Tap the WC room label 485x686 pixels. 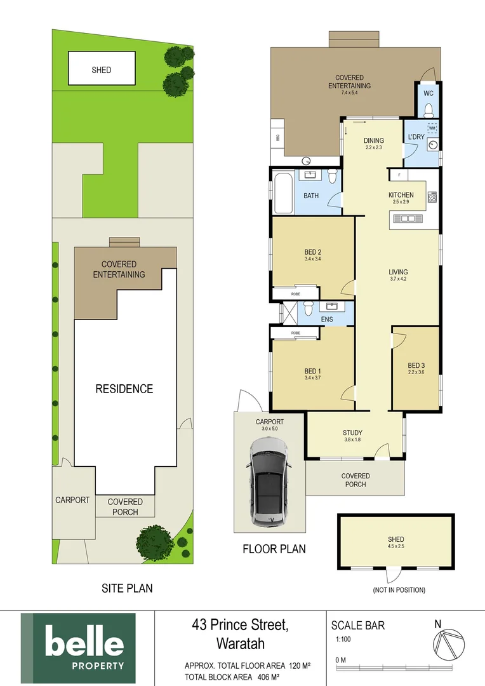click(x=428, y=93)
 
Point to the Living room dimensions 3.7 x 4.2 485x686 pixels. click(x=398, y=279)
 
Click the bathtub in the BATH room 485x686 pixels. click(x=283, y=194)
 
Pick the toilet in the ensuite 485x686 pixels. click(x=308, y=309)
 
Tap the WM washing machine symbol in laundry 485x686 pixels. click(x=432, y=128)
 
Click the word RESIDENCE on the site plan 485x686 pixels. click(x=124, y=389)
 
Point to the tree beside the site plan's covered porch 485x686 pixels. click(x=155, y=541)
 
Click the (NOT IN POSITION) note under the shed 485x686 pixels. click(x=399, y=590)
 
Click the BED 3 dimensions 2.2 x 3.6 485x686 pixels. click(x=415, y=372)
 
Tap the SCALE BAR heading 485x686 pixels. click(x=358, y=625)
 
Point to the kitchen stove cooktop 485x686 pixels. click(x=432, y=198)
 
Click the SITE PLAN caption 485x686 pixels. click(x=127, y=588)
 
